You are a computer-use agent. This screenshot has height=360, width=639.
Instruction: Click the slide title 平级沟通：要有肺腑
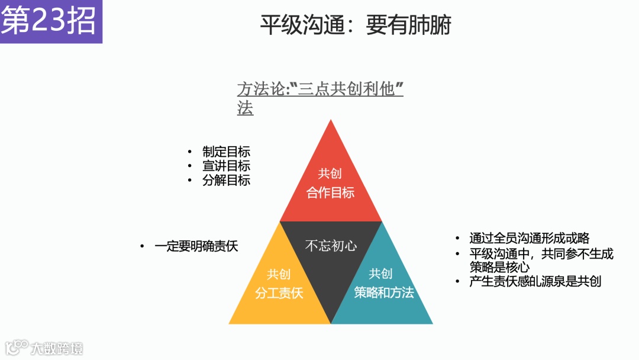click(x=356, y=25)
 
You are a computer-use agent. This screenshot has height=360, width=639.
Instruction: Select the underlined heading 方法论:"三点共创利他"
click(x=320, y=90)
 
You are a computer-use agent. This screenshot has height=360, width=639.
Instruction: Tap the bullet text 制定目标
click(x=226, y=152)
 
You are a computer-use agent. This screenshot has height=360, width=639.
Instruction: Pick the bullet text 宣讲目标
click(x=226, y=166)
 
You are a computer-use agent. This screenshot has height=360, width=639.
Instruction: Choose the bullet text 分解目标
click(x=226, y=181)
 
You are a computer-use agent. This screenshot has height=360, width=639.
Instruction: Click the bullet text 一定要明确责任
click(x=196, y=246)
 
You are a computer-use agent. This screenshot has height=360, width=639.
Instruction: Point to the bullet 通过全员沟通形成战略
click(x=529, y=239)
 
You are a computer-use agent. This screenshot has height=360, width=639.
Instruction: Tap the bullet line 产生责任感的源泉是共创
click(x=535, y=281)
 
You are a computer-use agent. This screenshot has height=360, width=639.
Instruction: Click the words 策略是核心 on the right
click(x=499, y=267)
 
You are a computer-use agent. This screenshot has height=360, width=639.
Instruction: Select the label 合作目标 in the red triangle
click(x=330, y=192)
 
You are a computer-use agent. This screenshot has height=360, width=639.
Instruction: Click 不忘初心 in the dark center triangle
click(x=331, y=246)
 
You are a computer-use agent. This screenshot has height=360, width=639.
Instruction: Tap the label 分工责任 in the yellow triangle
click(x=279, y=293)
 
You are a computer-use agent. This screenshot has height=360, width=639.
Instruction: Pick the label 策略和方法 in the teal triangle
click(x=383, y=292)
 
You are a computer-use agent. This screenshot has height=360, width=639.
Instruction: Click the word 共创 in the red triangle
click(x=330, y=173)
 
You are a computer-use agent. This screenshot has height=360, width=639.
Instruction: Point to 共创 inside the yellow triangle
click(x=279, y=274)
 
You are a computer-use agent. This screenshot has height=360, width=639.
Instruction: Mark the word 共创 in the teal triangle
click(x=380, y=274)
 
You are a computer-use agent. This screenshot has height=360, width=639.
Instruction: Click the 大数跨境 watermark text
click(x=57, y=348)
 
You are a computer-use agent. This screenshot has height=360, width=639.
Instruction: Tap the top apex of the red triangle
click(x=331, y=121)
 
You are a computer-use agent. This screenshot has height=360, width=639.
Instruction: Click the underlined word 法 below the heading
click(x=245, y=109)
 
